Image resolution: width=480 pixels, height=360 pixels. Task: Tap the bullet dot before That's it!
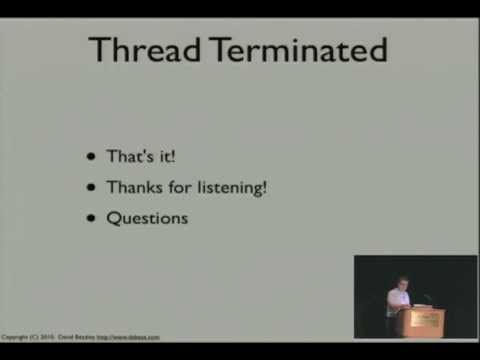(x=93, y=157)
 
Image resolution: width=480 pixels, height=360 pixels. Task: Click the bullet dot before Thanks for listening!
(x=93, y=187)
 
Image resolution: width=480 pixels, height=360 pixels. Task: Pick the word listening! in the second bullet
(x=232, y=187)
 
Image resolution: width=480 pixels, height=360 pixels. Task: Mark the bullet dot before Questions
(x=93, y=217)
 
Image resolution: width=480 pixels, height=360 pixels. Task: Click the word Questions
(x=147, y=217)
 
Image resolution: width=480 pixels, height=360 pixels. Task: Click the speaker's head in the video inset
(x=402, y=283)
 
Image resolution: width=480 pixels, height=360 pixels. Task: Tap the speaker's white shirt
(x=399, y=301)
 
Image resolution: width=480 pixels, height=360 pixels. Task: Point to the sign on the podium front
(x=425, y=319)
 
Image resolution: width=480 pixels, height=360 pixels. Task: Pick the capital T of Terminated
(x=217, y=49)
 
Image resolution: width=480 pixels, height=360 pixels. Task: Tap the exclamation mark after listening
(x=264, y=186)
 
